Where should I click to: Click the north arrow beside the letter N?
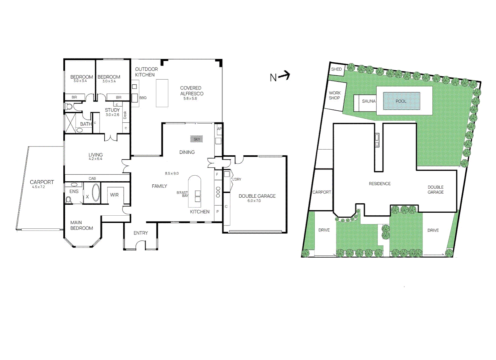284,76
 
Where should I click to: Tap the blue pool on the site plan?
401,101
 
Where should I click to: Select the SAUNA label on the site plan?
369,101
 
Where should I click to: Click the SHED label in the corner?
336,69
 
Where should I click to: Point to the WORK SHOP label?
335,95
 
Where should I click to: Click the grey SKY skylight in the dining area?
196,139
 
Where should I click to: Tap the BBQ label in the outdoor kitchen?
143,98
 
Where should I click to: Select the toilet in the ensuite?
69,200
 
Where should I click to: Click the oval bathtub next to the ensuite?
96,192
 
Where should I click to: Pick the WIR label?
114,195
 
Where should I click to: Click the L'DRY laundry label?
237,179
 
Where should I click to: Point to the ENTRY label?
140,233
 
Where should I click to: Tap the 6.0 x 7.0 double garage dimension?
254,201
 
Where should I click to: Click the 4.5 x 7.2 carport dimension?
38,187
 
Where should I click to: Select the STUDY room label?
112,110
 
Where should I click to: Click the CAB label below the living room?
92,178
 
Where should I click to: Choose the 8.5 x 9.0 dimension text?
172,173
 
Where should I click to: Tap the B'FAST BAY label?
182,194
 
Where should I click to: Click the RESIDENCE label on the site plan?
380,184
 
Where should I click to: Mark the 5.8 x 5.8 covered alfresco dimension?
190,99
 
